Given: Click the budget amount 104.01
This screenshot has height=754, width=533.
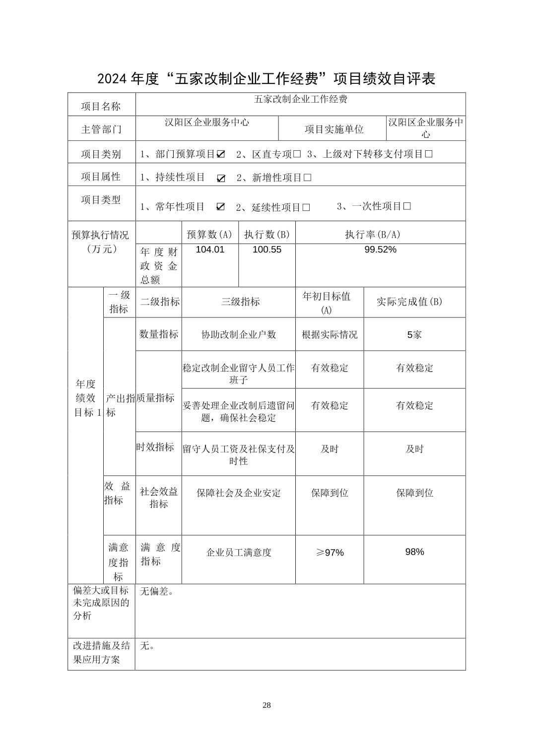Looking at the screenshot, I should click(210, 250).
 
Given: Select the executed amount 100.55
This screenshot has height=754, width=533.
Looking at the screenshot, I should click(266, 250).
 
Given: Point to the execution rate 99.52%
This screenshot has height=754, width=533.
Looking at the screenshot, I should click(380, 250).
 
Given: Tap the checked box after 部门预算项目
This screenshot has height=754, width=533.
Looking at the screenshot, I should click(221, 154).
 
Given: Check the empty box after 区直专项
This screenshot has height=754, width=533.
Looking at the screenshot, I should click(297, 154).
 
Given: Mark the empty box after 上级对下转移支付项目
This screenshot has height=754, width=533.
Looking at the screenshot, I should click(429, 154).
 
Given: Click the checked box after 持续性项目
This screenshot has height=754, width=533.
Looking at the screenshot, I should click(221, 178).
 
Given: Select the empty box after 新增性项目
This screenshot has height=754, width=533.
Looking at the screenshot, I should click(307, 178).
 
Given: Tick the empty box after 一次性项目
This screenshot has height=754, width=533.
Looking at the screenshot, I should click(407, 206).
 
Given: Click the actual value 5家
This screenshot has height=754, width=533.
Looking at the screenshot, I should click(414, 335).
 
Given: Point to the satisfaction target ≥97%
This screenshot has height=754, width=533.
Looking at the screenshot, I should click(330, 553).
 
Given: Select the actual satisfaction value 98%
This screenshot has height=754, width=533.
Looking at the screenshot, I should click(414, 552).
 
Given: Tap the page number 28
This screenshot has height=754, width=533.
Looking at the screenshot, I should click(266, 705).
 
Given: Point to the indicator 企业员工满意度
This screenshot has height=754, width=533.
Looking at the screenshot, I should click(239, 553).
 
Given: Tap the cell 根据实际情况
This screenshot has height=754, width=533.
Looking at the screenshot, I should click(330, 335).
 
